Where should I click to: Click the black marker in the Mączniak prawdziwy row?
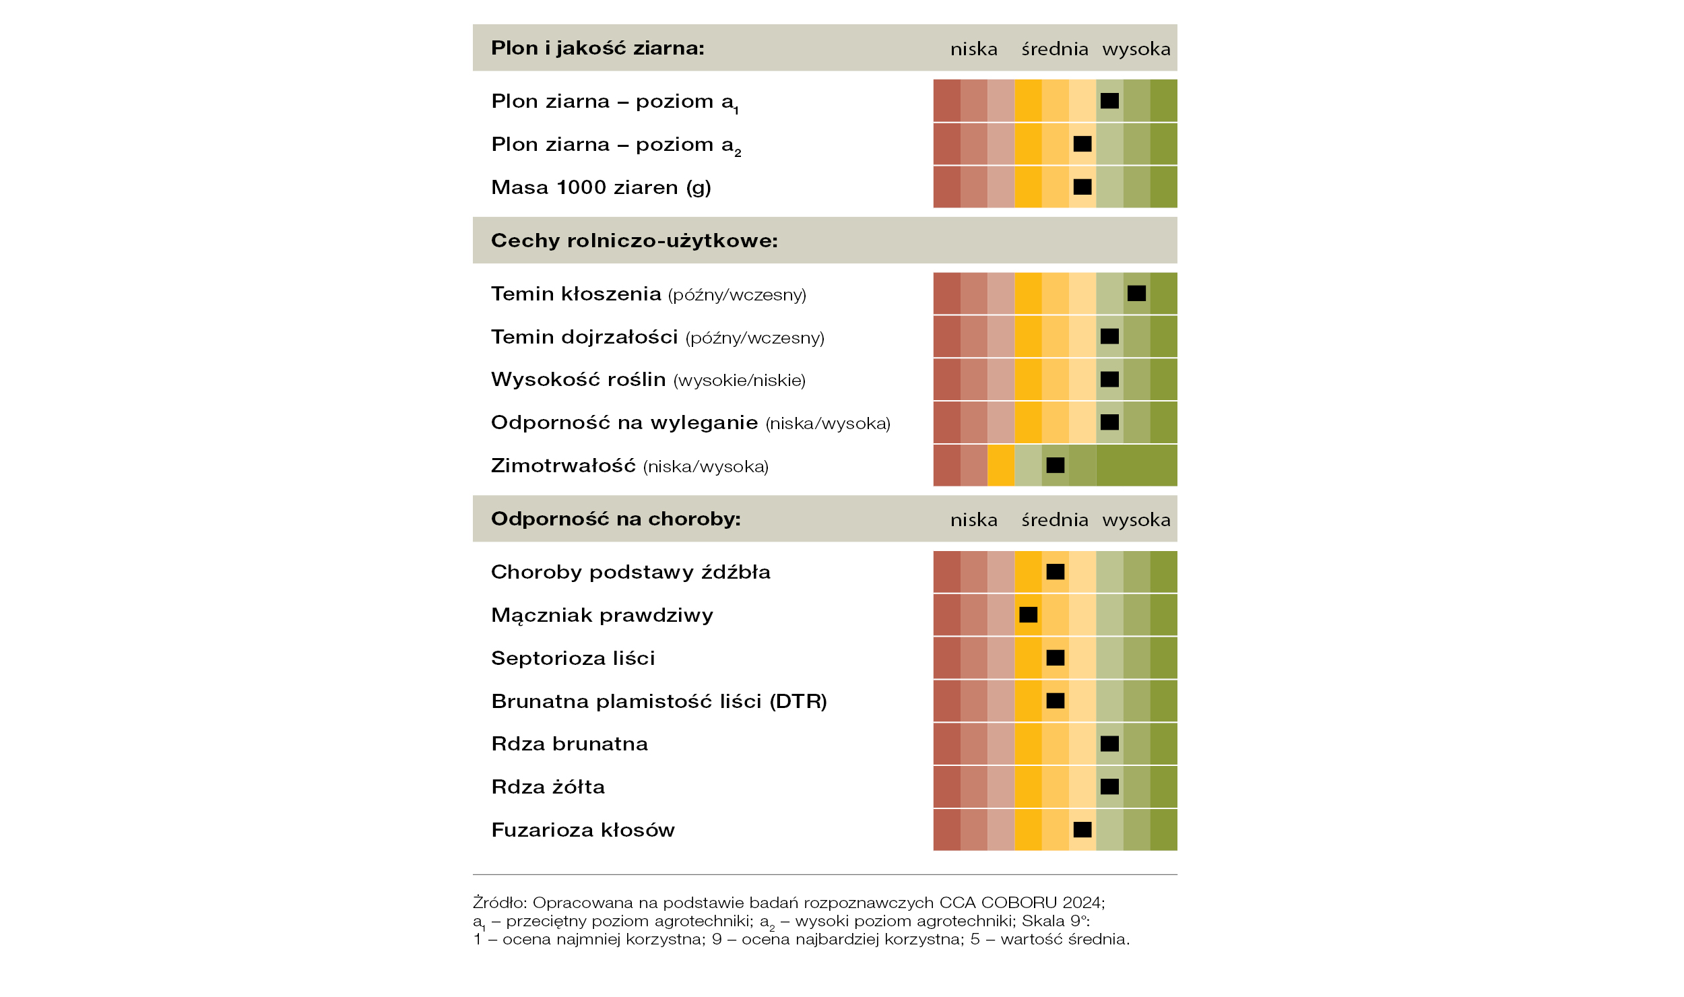[1028, 614]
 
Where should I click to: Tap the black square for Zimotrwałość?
[1056, 465]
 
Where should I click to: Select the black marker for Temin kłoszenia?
[1136, 293]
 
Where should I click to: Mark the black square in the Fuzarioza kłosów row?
[1082, 829]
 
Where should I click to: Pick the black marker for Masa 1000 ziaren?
[1082, 187]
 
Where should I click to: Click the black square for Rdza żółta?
[1109, 786]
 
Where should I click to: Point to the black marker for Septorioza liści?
[1056, 657]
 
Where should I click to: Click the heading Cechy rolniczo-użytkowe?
[635, 240]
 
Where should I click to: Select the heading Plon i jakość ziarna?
[597, 48]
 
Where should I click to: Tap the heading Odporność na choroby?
[616, 519]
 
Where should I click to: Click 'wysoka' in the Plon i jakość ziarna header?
[1136, 49]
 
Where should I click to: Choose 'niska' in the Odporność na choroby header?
[974, 520]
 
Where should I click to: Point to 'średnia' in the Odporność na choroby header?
[1055, 520]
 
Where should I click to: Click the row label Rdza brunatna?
[570, 744]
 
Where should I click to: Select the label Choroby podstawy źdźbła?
[631, 572]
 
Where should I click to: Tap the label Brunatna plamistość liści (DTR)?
[659, 701]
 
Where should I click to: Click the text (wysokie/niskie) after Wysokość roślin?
[740, 381]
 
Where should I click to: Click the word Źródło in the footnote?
[499, 902]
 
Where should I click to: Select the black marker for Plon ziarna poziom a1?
[1109, 100]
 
